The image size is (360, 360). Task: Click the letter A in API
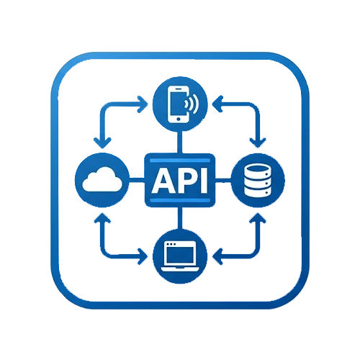[163, 180]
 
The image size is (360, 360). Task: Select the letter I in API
[204, 180]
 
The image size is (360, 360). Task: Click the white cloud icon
[102, 179]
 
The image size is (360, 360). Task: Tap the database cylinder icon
[258, 181]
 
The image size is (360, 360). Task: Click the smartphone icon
[178, 104]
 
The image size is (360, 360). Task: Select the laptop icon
[180, 256]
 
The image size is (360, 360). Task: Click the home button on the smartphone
[179, 119]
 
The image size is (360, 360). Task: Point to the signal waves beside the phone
[192, 104]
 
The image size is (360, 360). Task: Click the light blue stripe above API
[180, 161]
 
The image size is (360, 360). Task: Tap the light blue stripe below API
[180, 200]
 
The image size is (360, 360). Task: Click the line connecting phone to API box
[180, 143]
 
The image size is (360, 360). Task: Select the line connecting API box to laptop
[180, 218]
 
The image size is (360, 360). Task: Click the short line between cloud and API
[137, 180]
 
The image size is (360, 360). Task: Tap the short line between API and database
[223, 180]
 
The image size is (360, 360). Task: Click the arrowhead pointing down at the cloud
[102, 143]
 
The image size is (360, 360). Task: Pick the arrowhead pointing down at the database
[258, 143]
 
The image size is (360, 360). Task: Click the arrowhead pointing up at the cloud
[102, 217]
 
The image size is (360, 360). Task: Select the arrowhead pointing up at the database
[258, 217]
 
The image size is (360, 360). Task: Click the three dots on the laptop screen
[171, 244]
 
